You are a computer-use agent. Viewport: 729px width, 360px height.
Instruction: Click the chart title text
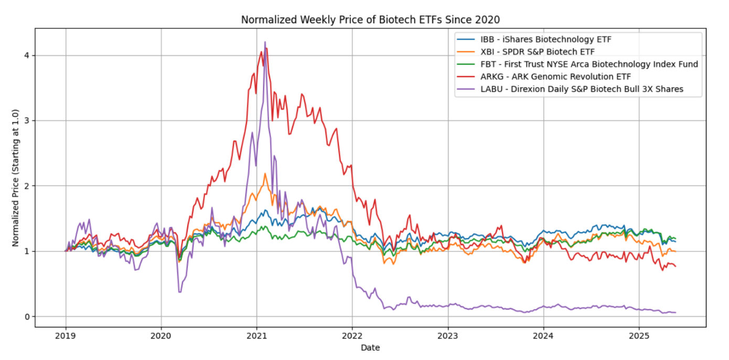[370, 20]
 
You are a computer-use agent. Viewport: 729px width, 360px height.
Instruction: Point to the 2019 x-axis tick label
[66, 336]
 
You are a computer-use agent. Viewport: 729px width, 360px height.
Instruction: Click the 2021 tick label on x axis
[256, 336]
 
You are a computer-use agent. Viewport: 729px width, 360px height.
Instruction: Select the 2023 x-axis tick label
[447, 336]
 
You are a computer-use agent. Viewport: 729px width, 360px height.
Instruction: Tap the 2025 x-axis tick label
[639, 336]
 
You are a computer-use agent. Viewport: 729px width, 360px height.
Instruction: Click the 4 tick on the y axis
[26, 56]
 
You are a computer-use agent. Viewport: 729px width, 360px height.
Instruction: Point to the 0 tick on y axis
[26, 316]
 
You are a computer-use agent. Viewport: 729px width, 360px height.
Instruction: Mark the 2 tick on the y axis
[26, 186]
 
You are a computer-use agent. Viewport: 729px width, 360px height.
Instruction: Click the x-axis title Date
[370, 347]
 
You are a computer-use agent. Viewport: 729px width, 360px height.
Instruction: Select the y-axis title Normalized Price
[15, 178]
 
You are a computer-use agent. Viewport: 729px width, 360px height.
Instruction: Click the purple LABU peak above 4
[265, 42]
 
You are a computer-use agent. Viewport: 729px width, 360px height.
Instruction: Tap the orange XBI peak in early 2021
[265, 174]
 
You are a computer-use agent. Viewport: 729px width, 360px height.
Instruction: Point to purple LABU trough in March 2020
[180, 292]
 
